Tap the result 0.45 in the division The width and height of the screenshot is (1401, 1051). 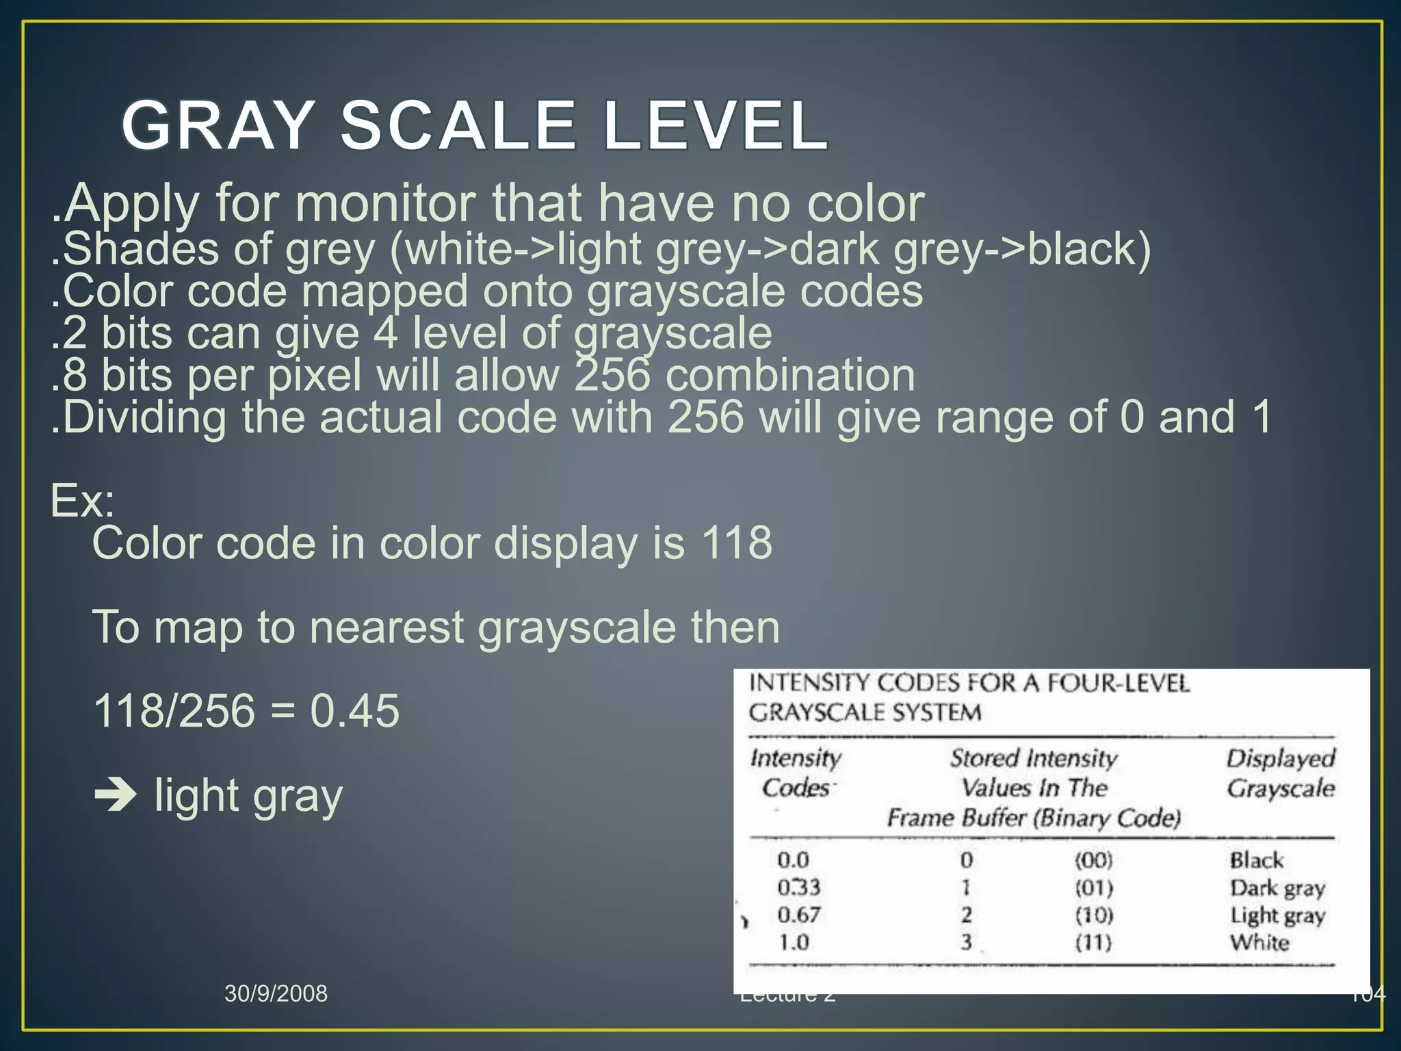[x=354, y=710]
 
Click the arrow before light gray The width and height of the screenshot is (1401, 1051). [x=116, y=796]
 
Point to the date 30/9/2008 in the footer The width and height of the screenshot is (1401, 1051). [x=276, y=993]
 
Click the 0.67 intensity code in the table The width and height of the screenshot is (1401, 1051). [x=798, y=915]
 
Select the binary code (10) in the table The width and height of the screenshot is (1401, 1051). [x=1094, y=915]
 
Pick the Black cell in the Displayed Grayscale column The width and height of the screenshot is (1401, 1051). [x=1256, y=860]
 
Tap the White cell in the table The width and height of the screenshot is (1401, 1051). [x=1259, y=943]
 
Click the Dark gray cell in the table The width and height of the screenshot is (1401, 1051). [x=1277, y=888]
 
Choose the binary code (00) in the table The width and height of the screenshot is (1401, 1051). [x=1094, y=860]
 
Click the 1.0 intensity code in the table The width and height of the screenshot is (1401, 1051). [x=794, y=943]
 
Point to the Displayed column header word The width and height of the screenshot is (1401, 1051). [x=1280, y=758]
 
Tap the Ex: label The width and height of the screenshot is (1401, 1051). [x=83, y=501]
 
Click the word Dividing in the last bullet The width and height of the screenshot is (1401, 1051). [x=144, y=417]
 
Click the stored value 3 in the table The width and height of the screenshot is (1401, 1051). [x=966, y=943]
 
